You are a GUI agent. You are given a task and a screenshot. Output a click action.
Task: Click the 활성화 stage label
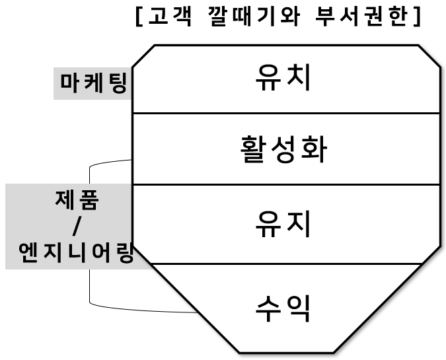283,149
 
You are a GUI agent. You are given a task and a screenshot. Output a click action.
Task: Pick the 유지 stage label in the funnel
283,224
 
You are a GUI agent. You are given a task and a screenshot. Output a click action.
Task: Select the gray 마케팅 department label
93,84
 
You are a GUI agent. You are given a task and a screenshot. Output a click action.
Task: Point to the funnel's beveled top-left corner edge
143,55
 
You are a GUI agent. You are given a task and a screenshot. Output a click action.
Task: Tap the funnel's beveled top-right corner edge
429,55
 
